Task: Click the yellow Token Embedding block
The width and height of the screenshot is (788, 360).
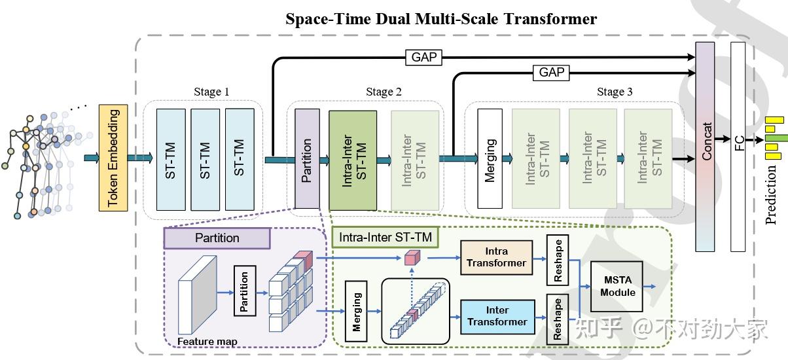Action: (x=112, y=158)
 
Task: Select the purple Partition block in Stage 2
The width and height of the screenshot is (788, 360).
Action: (x=307, y=158)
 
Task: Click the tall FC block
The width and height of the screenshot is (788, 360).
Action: (x=738, y=147)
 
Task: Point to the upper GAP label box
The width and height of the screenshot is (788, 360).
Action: (x=423, y=58)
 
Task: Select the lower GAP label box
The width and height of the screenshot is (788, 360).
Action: (x=551, y=72)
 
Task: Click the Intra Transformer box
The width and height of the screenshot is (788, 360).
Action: (x=496, y=257)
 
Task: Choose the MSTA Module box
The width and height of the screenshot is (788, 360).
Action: (x=617, y=287)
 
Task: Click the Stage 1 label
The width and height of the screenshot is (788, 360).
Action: (x=211, y=92)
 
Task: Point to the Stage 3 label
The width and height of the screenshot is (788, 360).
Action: (x=614, y=92)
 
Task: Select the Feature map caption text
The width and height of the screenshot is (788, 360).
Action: (x=207, y=341)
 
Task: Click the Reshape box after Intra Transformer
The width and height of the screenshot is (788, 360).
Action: (x=558, y=262)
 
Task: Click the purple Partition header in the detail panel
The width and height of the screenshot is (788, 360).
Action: (x=217, y=238)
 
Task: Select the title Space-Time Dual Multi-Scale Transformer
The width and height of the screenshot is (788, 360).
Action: (x=440, y=18)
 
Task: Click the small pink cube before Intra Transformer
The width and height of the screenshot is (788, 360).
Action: (x=410, y=258)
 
